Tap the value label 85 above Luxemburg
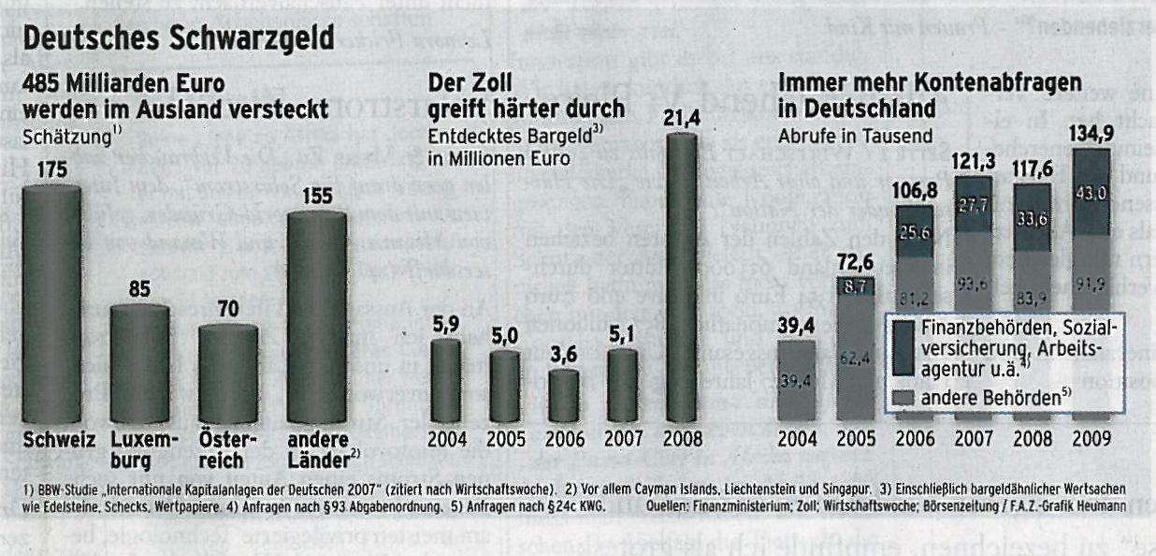[139, 290]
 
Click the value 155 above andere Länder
[316, 197]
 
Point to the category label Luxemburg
[140, 449]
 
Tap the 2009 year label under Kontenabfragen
[1090, 439]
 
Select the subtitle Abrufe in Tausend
[842, 135]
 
